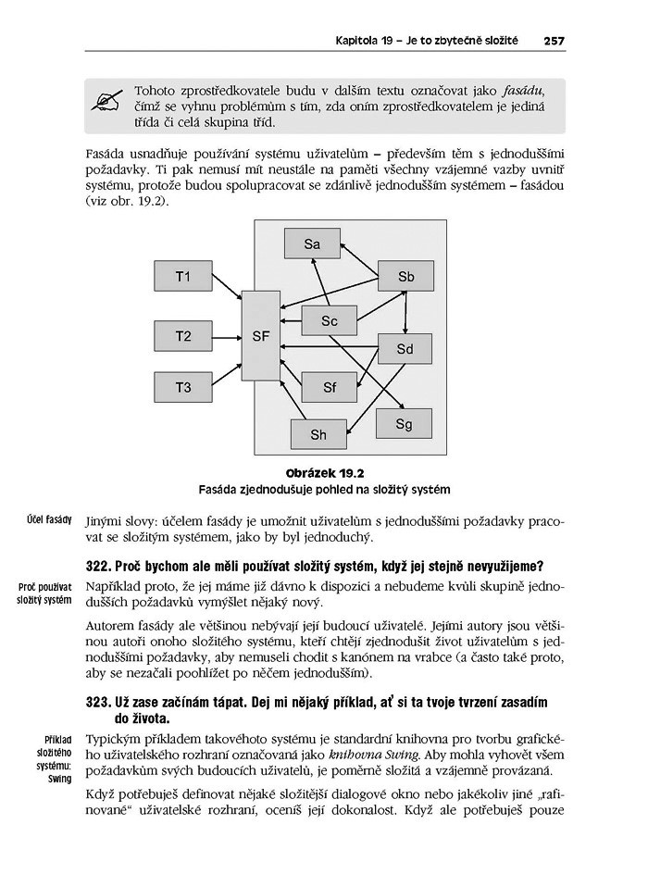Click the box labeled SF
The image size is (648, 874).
tap(260, 336)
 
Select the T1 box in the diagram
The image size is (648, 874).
tap(183, 277)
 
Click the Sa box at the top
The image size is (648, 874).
tap(312, 244)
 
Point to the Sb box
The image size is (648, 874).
tap(406, 277)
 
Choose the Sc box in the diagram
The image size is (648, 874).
tap(330, 321)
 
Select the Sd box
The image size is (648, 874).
tap(405, 349)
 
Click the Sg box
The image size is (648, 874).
tap(404, 424)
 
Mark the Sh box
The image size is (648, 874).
tap(318, 434)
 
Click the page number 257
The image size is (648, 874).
tap(555, 41)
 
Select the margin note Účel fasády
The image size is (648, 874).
tap(49, 519)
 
